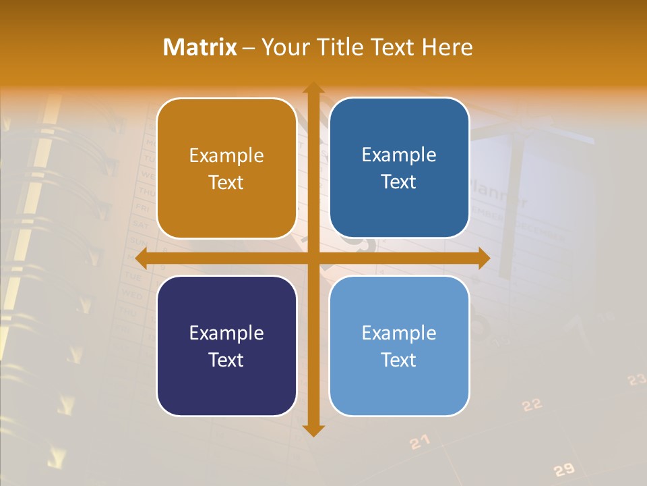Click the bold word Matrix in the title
coord(200,47)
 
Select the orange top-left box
coord(226,168)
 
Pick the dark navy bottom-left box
coord(226,346)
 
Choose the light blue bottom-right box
coord(399,346)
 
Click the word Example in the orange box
coord(226,156)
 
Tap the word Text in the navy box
coord(226,360)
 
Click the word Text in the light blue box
coord(399,360)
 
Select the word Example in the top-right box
coord(399,155)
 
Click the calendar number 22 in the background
coord(532,405)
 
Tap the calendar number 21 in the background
coord(419,442)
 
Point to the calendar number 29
coord(563,470)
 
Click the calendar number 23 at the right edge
coord(636,380)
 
